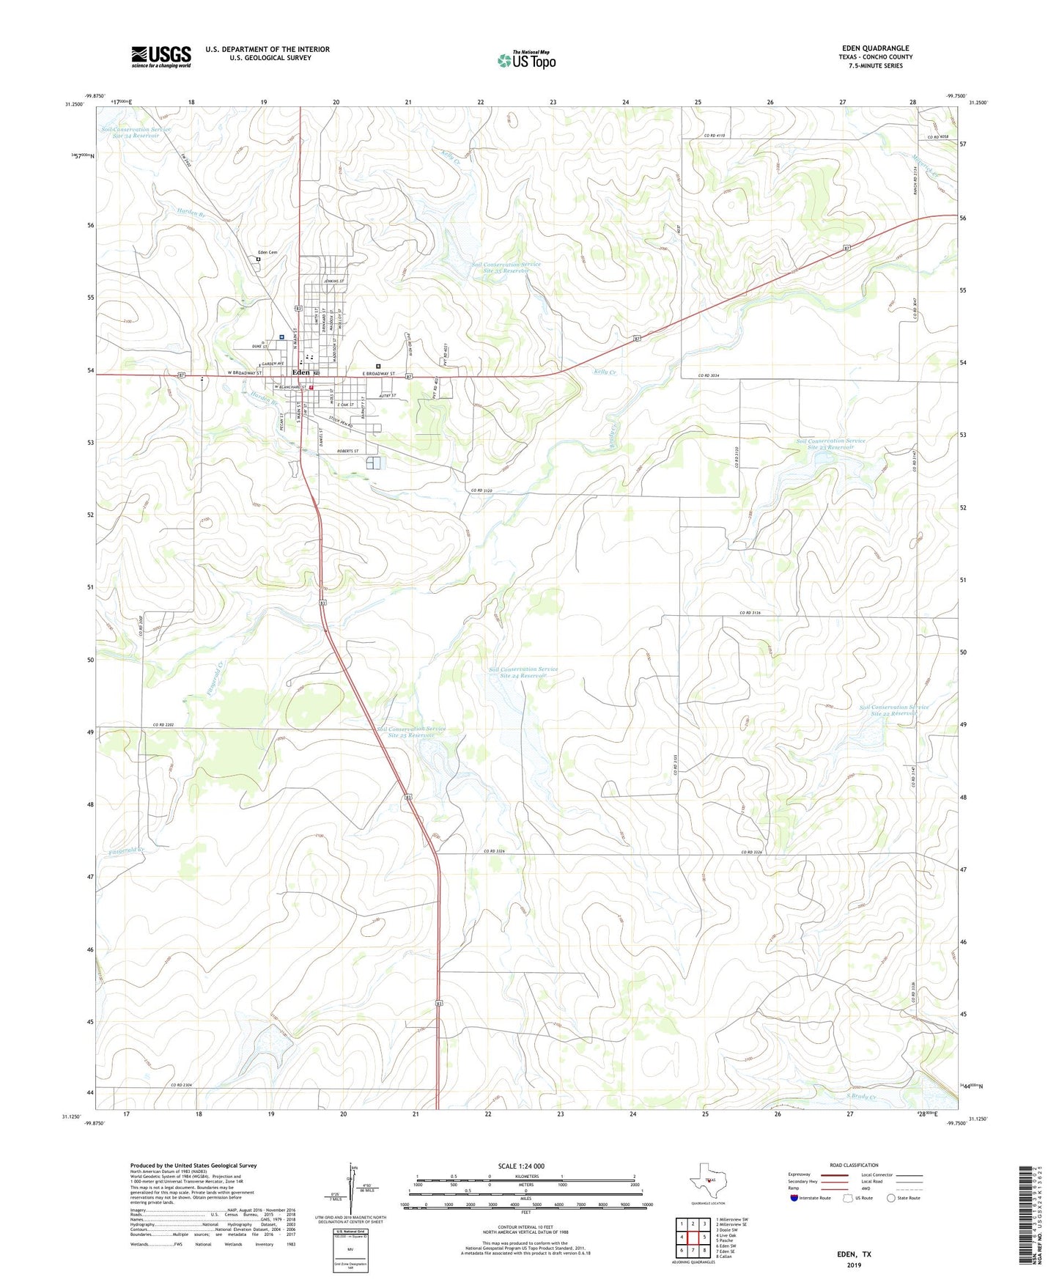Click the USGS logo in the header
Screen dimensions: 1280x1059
point(161,56)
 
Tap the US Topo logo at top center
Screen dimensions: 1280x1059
point(526,59)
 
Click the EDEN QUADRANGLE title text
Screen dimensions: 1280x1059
point(875,48)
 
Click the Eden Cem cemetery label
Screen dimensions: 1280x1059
point(267,253)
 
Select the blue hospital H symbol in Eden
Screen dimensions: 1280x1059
point(281,337)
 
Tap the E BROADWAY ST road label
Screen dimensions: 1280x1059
point(379,374)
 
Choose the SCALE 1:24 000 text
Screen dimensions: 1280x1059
point(521,1166)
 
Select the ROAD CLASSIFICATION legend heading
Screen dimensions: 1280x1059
point(854,1165)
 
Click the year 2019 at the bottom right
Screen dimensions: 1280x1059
point(854,1265)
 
